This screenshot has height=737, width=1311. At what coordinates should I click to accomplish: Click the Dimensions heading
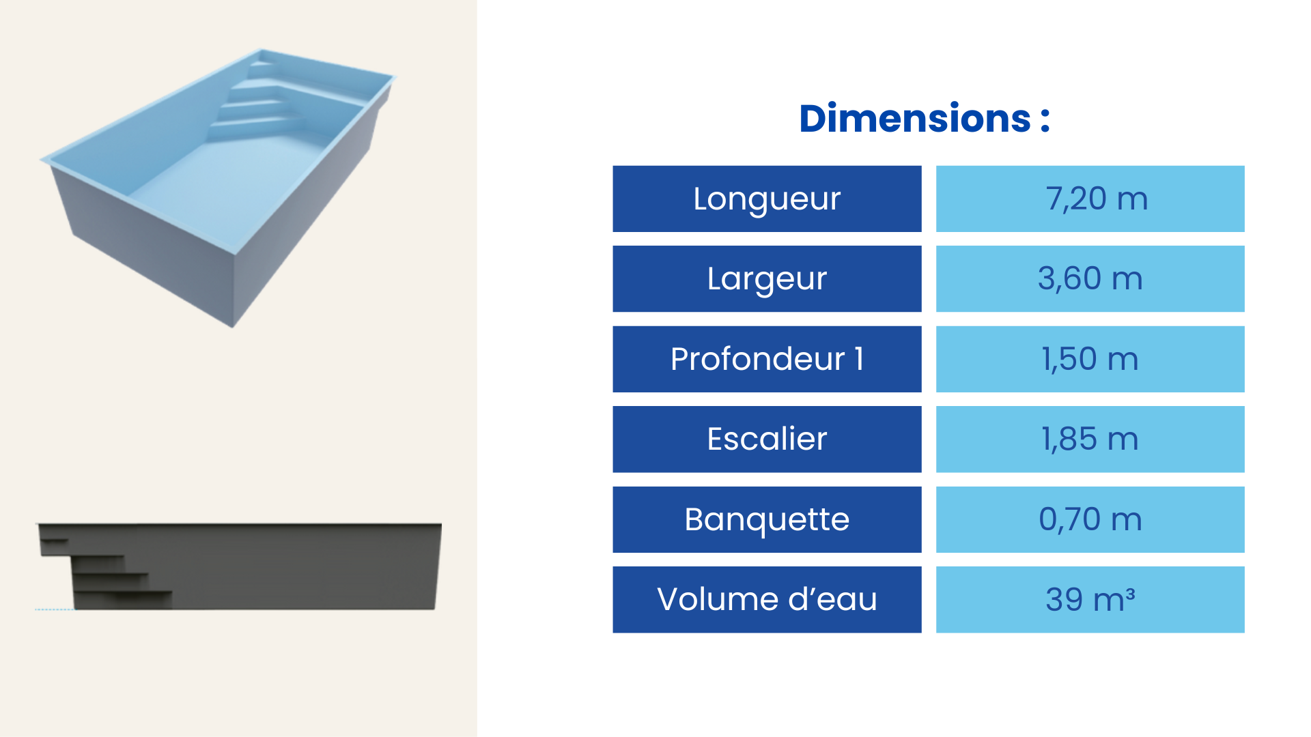point(925,119)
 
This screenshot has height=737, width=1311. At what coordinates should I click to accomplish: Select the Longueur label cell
point(767,199)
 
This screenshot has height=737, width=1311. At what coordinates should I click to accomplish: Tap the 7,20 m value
point(1097,199)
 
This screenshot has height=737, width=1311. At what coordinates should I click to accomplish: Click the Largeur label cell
point(767,278)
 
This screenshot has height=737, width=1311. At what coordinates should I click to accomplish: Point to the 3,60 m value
point(1090,278)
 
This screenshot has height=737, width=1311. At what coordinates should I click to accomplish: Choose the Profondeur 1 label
point(767,359)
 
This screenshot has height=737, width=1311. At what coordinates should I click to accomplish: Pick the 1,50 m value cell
point(1090,359)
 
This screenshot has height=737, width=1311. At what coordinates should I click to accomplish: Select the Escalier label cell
point(767,439)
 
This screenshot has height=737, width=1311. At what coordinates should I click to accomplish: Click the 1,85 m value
point(1090,439)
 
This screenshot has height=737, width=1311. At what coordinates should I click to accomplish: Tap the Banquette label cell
point(767,519)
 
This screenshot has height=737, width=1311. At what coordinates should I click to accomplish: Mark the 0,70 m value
point(1090,519)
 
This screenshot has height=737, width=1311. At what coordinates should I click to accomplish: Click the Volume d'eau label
point(767,599)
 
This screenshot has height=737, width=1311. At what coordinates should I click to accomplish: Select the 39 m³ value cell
point(1090,599)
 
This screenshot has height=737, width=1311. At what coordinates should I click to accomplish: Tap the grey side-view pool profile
point(239,566)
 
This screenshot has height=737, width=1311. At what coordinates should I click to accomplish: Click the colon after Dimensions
point(1045,120)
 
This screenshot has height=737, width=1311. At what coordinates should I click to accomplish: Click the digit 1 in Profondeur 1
point(859,358)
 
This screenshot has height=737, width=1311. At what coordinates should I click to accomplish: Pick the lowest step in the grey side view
point(123,600)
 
